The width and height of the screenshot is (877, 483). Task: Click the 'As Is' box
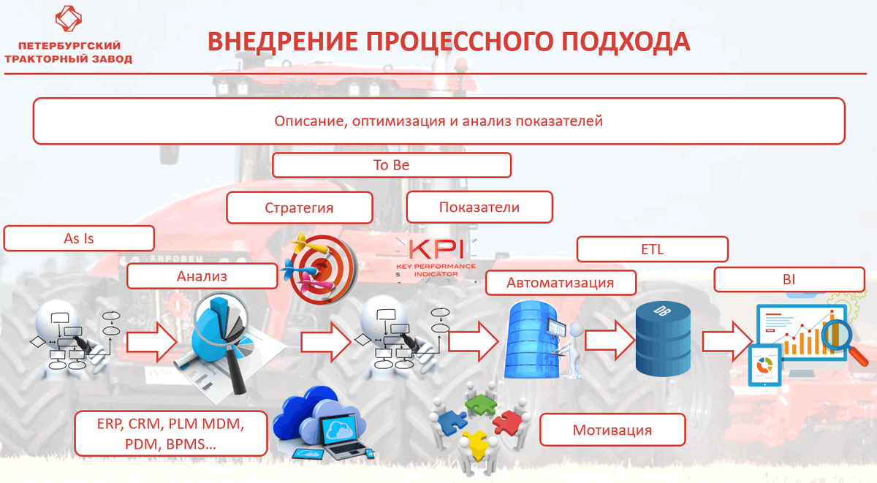[x=79, y=239]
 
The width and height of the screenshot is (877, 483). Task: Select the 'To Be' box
[x=391, y=165]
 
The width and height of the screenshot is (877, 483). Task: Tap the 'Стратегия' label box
[x=299, y=208]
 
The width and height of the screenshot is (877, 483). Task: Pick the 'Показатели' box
[x=479, y=208]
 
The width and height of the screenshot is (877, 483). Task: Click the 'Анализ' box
[x=202, y=276]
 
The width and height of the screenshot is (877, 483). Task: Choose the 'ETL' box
[x=652, y=249]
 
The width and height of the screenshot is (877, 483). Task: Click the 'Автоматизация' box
[x=561, y=282]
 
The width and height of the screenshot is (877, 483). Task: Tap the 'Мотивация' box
[x=612, y=430]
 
